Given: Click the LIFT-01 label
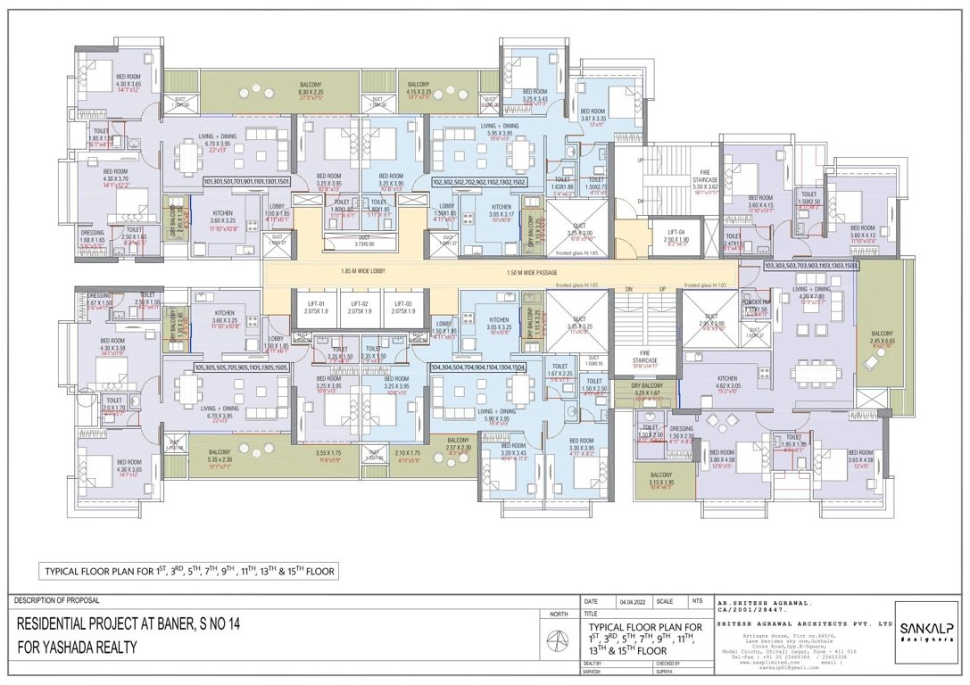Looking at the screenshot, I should coord(312,304).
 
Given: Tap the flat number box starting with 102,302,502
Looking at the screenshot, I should coord(477,181).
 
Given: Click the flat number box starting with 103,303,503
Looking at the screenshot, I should coord(810,266).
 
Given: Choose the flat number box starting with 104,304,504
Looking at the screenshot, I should coord(477,366).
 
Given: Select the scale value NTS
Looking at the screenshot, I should coord(698,601).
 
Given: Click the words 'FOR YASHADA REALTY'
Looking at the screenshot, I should coord(77,647).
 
